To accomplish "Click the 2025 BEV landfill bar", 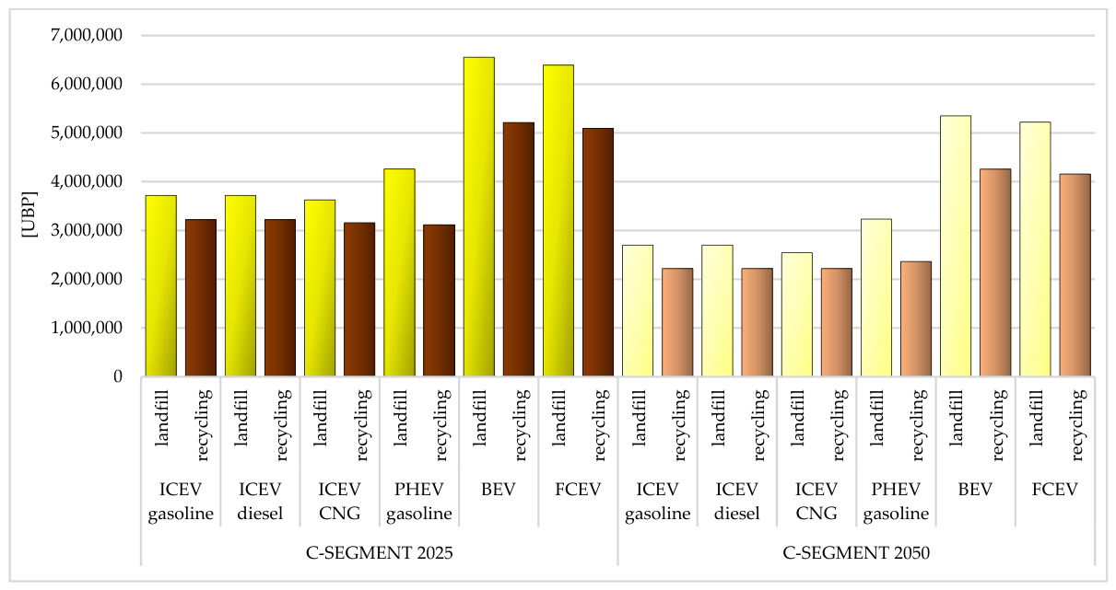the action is pos(479,216).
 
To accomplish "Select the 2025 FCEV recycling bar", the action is pos(598,252).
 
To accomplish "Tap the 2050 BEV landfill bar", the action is pos(956,246).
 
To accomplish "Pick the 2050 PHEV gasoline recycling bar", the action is pos(916,318).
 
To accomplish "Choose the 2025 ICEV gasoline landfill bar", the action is pos(161,285).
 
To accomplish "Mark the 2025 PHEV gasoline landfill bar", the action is pos(399,272).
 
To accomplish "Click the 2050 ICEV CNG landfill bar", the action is pos(796,315).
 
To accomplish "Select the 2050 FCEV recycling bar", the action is pos(1075,275).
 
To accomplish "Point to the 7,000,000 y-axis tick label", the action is pos(87,35).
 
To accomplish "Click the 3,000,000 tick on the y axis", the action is pos(87,230).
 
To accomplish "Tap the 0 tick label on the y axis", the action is pos(118,376).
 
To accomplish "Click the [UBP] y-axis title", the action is pos(29,214).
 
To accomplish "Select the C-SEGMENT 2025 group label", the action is pos(379,552).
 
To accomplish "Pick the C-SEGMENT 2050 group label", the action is pos(856,552).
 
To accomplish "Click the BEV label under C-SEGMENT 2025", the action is pos(499,490).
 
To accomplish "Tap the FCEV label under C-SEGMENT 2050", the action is pos(1055,490).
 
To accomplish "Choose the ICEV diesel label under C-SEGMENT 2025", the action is pos(260,501).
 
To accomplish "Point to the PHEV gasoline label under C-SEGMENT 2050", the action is pos(896,502).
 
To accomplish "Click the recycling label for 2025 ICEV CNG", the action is pos(362,424).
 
